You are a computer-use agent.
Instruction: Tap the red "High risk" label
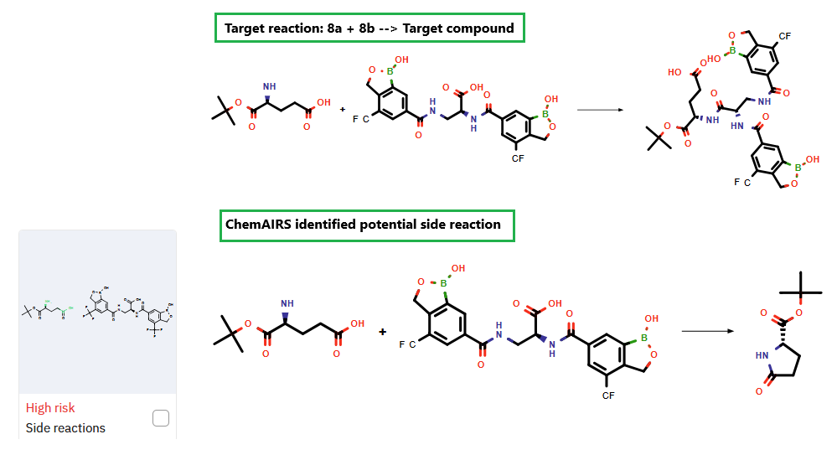50,408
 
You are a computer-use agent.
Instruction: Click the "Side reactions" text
65,428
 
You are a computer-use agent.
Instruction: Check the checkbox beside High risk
161,418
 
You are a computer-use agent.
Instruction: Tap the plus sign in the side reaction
383,332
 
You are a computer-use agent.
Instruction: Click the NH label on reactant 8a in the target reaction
269,85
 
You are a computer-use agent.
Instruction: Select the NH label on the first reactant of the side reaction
288,304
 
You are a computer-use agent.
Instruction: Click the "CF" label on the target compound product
784,37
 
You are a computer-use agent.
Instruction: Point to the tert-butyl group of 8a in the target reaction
222,106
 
